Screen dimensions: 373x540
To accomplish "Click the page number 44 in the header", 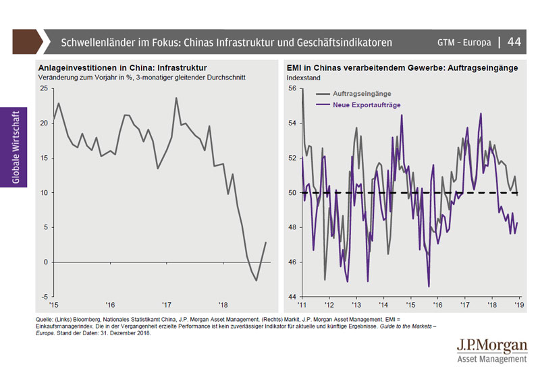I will pyautogui.click(x=514, y=42).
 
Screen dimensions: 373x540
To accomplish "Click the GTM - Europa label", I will pyautogui.click(x=464, y=42).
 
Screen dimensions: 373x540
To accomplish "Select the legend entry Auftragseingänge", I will pyautogui.click(x=362, y=94).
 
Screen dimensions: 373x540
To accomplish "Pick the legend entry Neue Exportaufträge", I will pyautogui.click(x=367, y=106).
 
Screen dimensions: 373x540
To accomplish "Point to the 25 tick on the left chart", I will pyautogui.click(x=44, y=88).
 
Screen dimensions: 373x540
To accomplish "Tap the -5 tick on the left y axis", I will pyautogui.click(x=44, y=296).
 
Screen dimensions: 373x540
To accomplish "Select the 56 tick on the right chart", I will pyautogui.click(x=292, y=88).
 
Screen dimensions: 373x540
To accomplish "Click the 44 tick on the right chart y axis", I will pyautogui.click(x=292, y=296).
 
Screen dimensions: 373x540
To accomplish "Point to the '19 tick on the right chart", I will pyautogui.click(x=518, y=305).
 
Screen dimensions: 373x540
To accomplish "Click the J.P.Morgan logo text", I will pyautogui.click(x=491, y=346).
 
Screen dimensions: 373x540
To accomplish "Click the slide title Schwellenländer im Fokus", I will pyautogui.click(x=226, y=42).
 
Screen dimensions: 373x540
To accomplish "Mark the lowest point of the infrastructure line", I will pyautogui.click(x=256, y=280).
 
